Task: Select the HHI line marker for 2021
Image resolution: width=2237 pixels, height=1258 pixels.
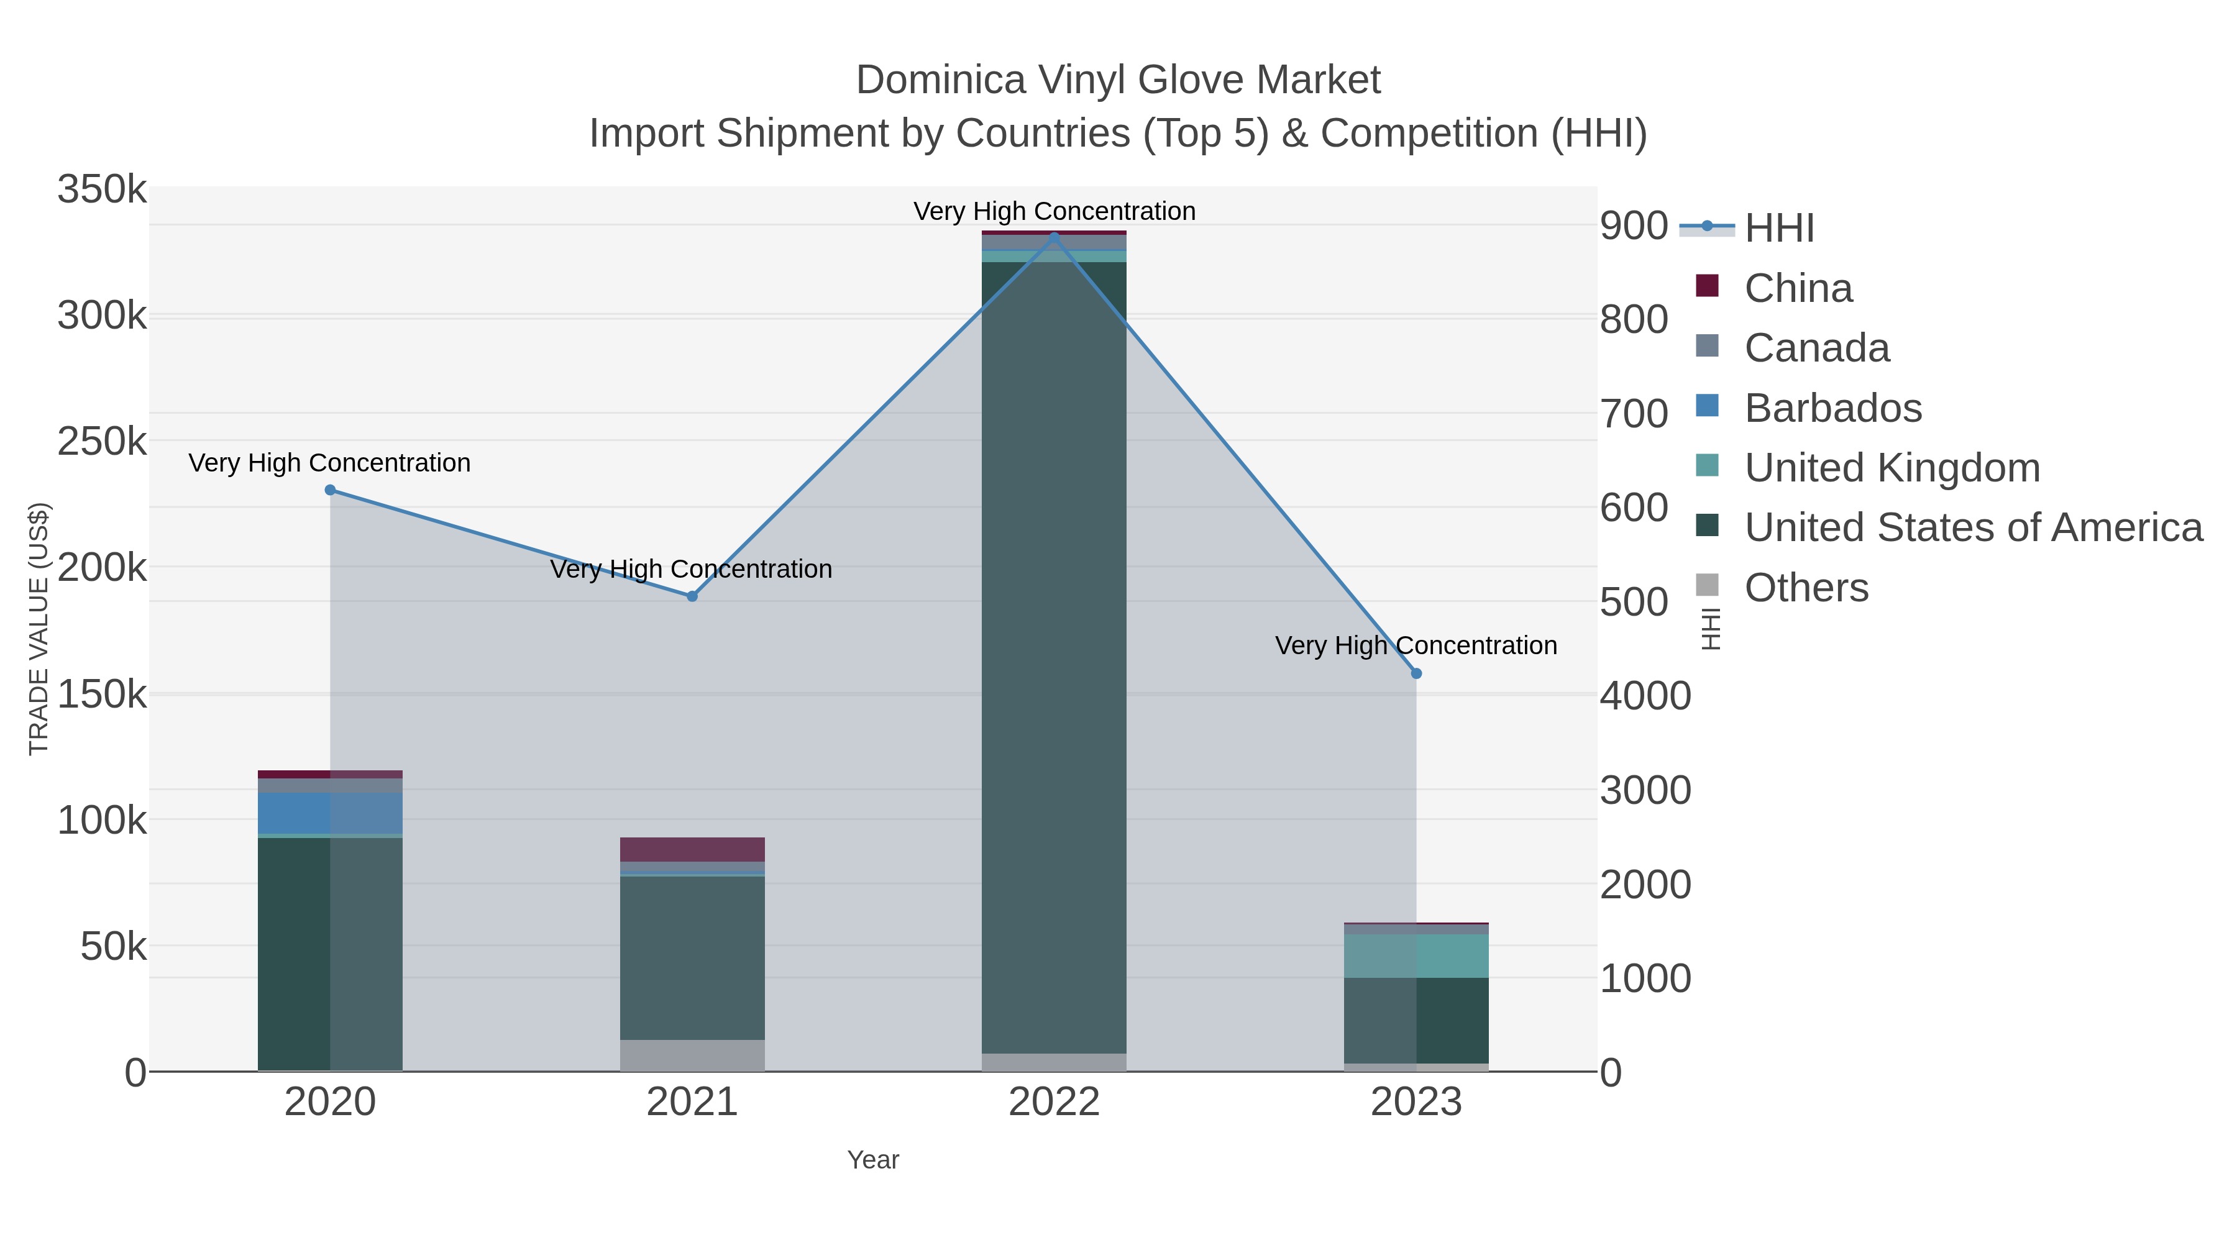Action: (x=692, y=596)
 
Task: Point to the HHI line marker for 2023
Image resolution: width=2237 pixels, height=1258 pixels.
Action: (x=1416, y=673)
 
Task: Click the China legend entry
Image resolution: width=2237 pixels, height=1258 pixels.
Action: (x=1798, y=288)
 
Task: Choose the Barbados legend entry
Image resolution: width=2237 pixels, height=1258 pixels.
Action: (x=1832, y=408)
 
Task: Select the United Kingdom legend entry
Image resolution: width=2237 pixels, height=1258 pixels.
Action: (x=1892, y=468)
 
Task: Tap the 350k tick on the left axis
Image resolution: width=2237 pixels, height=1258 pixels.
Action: (x=103, y=189)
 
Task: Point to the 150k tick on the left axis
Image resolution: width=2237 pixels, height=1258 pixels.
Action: (x=103, y=695)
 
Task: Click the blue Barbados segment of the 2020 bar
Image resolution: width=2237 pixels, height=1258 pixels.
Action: (x=330, y=813)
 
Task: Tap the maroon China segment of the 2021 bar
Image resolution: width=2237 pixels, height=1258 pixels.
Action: (x=692, y=849)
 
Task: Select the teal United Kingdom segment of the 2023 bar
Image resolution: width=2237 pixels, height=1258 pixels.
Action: (x=1416, y=956)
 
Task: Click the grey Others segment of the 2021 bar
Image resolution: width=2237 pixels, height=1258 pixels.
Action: (x=692, y=1055)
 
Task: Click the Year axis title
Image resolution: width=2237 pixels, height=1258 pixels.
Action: (x=873, y=1160)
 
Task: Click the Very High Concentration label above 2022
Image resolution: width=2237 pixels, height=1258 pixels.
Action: (x=1054, y=211)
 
